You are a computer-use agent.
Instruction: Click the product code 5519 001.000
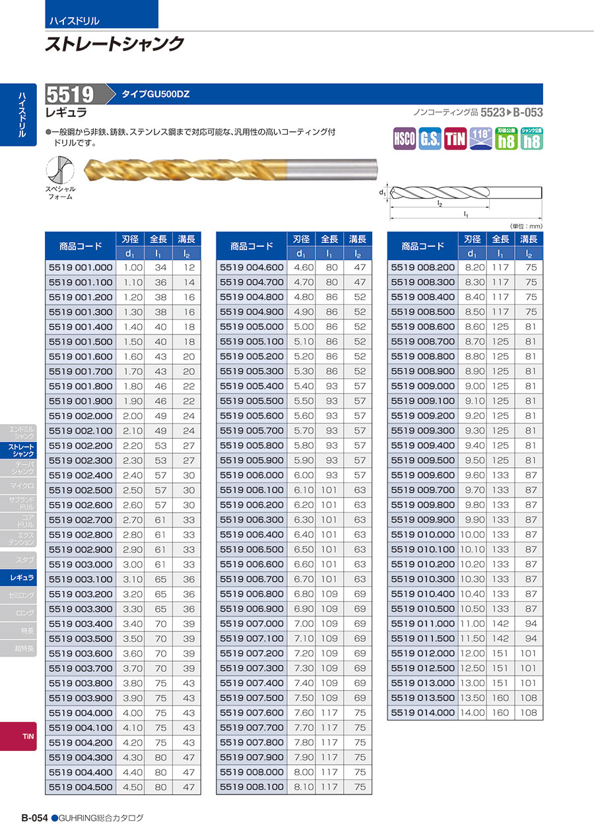(x=81, y=267)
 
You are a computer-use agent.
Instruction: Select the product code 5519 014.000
(x=423, y=713)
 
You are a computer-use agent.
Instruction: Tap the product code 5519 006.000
(x=251, y=475)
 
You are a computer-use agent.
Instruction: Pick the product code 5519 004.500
(x=81, y=787)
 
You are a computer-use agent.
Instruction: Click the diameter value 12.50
(x=471, y=668)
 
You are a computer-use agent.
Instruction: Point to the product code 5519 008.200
(x=423, y=267)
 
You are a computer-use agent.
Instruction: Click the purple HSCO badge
(x=405, y=139)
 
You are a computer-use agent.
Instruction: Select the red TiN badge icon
(x=455, y=139)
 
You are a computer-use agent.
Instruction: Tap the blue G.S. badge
(x=430, y=139)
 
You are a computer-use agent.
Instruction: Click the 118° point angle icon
(x=481, y=139)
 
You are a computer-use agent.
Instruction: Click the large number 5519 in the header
(x=71, y=94)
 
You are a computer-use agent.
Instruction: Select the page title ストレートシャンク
(x=114, y=44)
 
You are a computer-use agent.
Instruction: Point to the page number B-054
(x=34, y=818)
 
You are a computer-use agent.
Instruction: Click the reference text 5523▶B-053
(x=511, y=113)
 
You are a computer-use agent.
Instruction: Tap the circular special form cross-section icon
(x=59, y=171)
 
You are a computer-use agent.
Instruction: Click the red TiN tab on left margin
(x=27, y=736)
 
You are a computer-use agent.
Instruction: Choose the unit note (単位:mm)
(x=526, y=226)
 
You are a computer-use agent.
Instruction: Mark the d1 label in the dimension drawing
(x=382, y=193)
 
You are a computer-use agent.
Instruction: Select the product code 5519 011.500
(x=423, y=638)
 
